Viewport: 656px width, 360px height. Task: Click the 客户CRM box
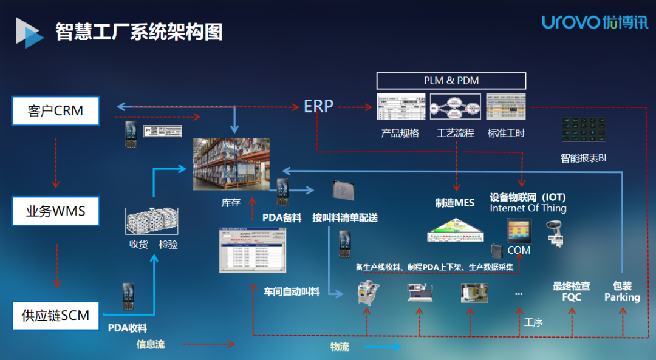[x=55, y=111]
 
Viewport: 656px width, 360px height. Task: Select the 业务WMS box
[x=55, y=212]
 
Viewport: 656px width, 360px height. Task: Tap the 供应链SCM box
[x=55, y=315]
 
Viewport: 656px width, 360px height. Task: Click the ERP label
[x=319, y=107]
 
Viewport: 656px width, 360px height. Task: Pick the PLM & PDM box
[x=451, y=81]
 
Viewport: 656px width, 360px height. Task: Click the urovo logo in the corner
[x=595, y=23]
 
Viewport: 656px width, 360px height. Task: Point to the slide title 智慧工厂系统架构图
[x=139, y=31]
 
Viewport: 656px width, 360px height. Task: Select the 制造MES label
[x=455, y=203]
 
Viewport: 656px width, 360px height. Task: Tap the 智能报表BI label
[x=583, y=158]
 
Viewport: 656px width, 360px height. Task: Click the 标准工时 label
[x=506, y=133]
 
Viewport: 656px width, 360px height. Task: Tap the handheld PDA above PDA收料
[x=128, y=296]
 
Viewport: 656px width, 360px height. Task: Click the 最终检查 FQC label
[x=571, y=291]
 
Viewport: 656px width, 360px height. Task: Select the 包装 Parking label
[x=622, y=291]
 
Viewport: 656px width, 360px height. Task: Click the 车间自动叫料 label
[x=292, y=292]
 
